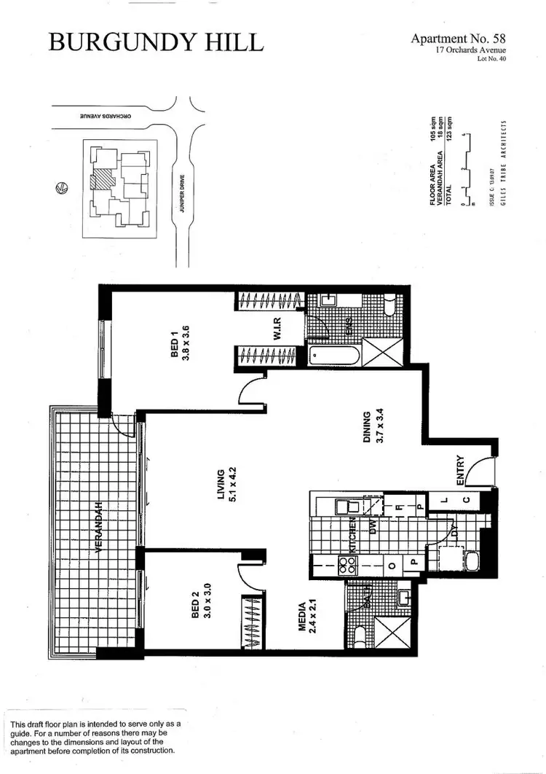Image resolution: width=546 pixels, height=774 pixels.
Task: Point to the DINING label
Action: click(x=373, y=426)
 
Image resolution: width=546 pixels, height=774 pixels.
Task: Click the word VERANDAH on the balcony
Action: click(x=98, y=526)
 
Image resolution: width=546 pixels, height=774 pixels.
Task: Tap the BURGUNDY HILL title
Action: click(x=156, y=42)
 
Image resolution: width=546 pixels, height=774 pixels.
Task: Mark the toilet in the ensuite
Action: click(x=389, y=306)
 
